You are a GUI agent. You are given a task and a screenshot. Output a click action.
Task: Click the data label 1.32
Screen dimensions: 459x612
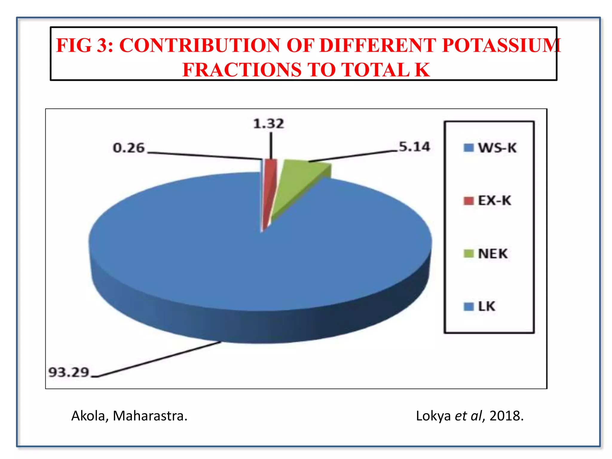[x=268, y=124]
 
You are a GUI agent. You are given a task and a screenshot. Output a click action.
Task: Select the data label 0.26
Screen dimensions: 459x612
[x=128, y=148]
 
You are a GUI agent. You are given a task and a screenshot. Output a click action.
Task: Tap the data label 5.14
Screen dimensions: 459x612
[x=414, y=147]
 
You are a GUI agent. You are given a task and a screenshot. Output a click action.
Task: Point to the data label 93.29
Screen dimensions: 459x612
[x=69, y=372]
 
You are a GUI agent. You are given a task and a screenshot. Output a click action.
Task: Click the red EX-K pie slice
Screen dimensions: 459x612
[x=270, y=179]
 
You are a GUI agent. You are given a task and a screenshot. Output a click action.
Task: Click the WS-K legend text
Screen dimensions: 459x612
[x=497, y=148]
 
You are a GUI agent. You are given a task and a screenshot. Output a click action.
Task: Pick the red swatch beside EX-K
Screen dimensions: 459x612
[x=468, y=201]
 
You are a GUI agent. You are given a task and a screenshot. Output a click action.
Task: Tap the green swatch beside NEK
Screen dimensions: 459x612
[x=468, y=254]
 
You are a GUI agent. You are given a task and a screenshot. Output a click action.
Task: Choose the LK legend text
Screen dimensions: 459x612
[x=486, y=307]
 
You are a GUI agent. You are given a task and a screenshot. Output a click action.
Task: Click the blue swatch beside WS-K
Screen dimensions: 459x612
[x=468, y=148]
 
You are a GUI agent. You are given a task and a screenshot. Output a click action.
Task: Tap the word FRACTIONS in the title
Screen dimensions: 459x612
[x=242, y=70]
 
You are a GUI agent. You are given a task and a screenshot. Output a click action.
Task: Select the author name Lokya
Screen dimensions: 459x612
[x=433, y=416]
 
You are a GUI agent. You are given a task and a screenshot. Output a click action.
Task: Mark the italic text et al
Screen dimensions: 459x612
[x=468, y=416]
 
